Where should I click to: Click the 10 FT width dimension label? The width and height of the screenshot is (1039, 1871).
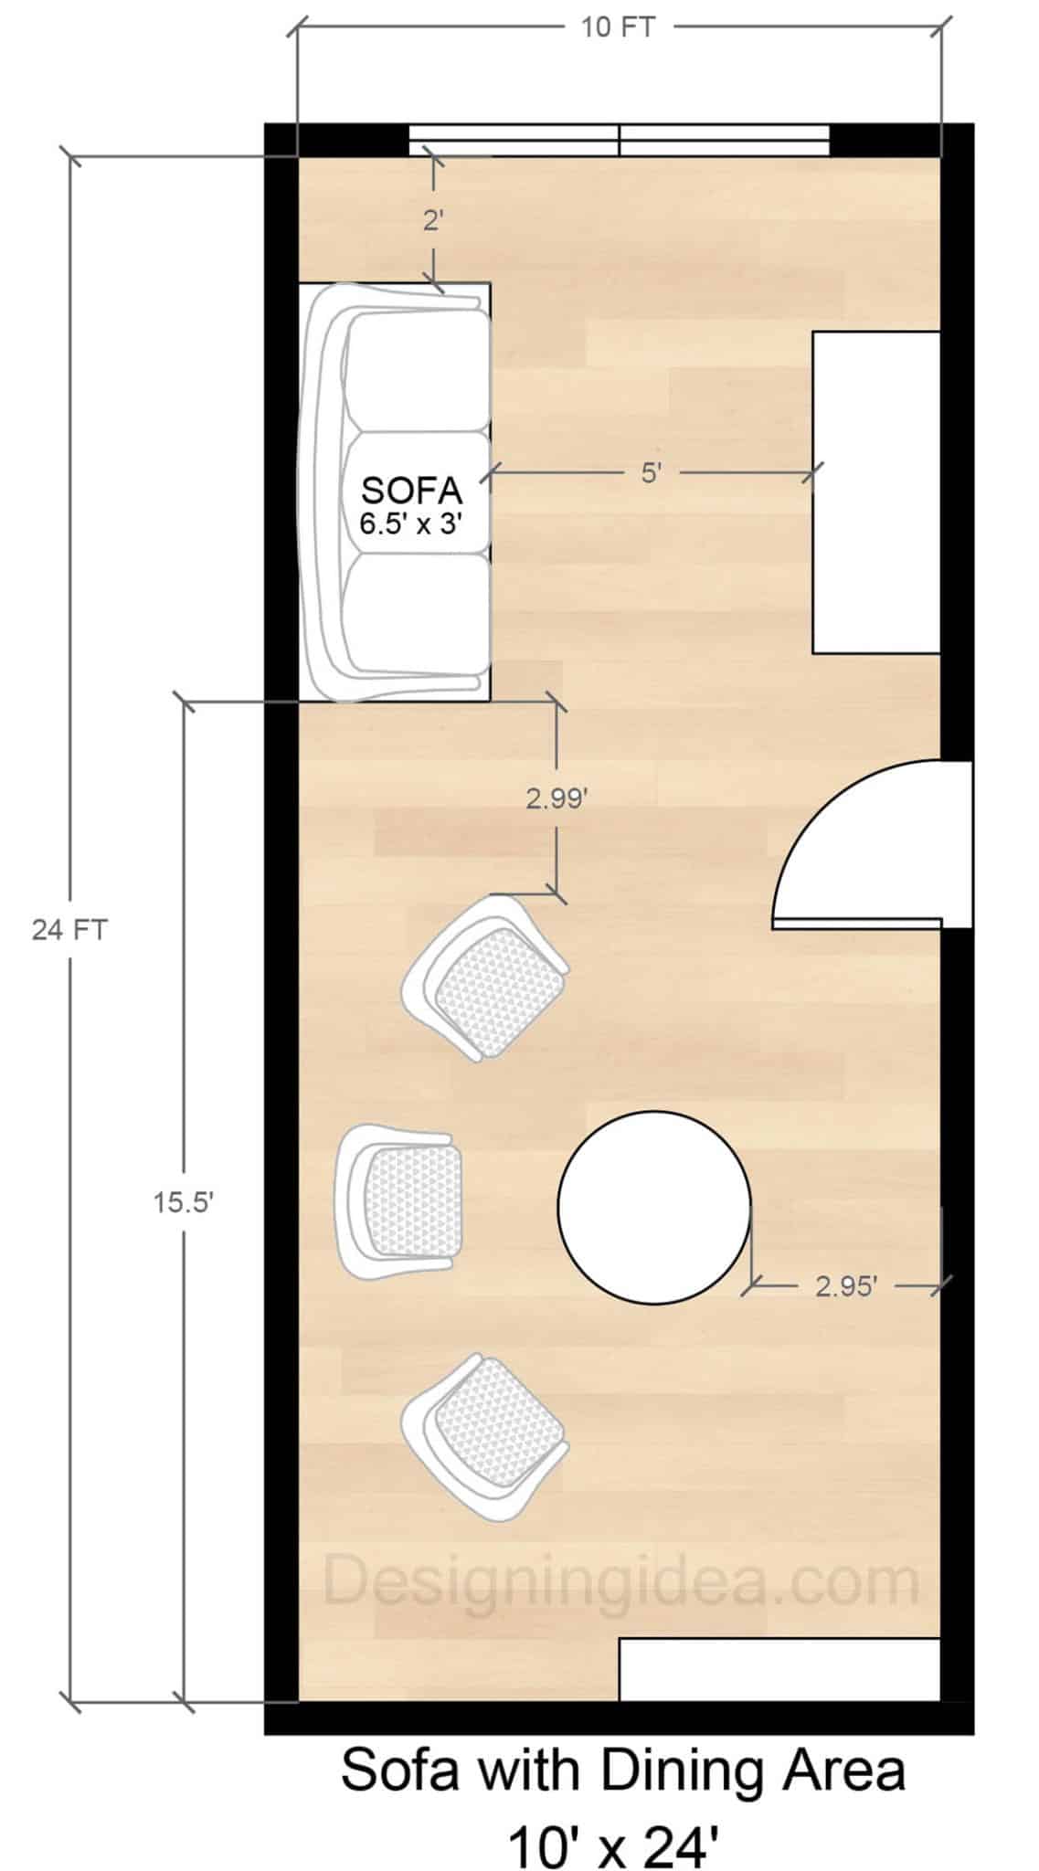618,27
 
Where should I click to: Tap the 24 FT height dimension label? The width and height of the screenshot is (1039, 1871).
69,930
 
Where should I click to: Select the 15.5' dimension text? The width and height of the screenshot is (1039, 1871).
183,1203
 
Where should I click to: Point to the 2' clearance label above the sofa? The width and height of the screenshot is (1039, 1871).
433,220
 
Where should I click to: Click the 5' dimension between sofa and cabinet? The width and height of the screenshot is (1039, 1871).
650,473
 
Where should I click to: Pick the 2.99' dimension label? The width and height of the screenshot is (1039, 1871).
556,798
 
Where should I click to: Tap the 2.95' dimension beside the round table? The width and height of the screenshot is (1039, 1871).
846,1287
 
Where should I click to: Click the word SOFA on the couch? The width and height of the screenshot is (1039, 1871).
412,491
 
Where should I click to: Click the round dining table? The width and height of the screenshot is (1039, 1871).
654,1206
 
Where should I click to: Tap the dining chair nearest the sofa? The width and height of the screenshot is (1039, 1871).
485,978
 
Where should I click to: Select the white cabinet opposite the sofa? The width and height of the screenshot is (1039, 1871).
875,492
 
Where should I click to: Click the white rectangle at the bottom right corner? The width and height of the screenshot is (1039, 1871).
779,1670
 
